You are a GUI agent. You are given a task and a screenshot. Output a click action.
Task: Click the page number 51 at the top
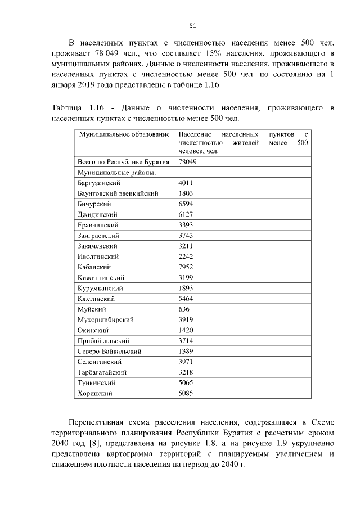(192, 25)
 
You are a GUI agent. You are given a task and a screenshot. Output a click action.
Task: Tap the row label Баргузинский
(99, 183)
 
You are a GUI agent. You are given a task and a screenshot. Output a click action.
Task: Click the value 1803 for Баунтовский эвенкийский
(186, 193)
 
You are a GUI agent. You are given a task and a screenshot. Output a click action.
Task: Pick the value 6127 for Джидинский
(186, 215)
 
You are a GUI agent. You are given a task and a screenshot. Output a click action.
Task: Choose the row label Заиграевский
(98, 236)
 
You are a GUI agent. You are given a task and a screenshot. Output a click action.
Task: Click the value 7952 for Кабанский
(186, 267)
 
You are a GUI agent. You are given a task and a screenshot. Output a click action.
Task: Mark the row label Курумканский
(100, 288)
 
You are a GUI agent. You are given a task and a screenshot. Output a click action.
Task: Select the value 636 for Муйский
(184, 309)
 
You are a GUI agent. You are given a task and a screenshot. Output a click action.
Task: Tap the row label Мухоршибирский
(105, 320)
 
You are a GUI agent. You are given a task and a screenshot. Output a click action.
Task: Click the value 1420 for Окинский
(186, 330)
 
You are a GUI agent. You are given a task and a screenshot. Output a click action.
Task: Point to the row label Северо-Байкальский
(109, 352)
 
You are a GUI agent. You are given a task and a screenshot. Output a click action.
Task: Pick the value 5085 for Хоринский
(186, 394)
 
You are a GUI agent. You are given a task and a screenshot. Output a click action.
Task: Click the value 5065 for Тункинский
(186, 383)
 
